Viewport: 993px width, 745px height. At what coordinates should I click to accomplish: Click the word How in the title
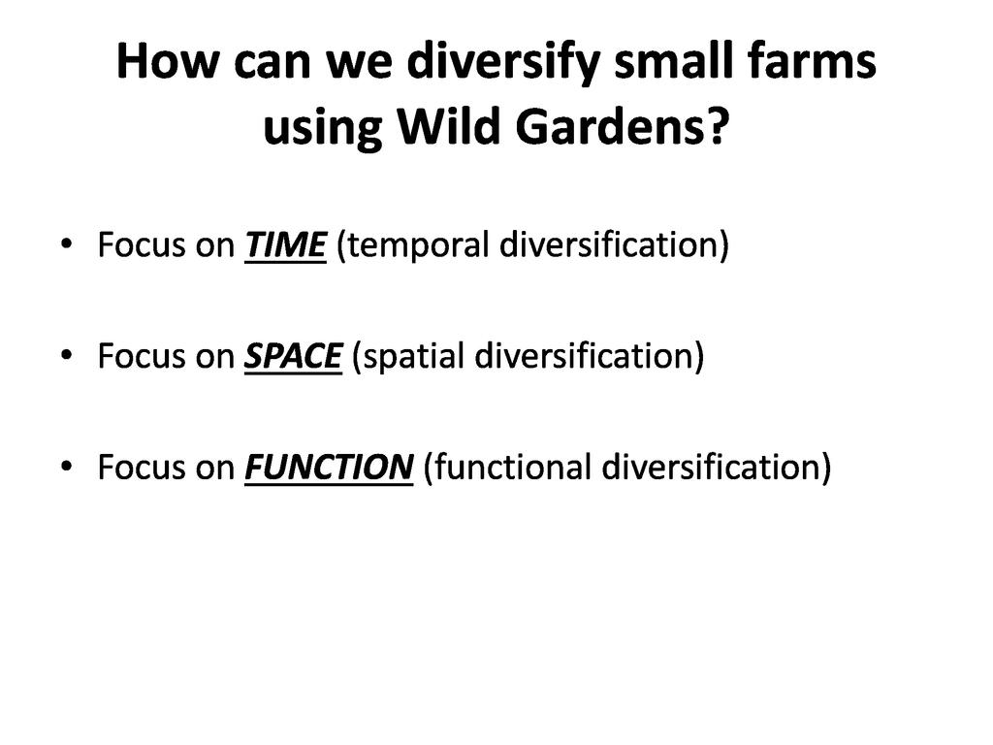(169, 61)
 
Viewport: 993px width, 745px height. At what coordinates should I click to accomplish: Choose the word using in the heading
(322, 129)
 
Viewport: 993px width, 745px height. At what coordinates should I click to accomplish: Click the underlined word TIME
(286, 245)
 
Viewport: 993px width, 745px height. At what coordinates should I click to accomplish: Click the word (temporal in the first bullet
(413, 245)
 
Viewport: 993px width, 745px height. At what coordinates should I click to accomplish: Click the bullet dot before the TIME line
(67, 243)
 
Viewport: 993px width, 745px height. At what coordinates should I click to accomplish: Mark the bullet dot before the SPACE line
(67, 355)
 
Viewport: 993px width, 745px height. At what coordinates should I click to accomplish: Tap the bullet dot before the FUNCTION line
(67, 466)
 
